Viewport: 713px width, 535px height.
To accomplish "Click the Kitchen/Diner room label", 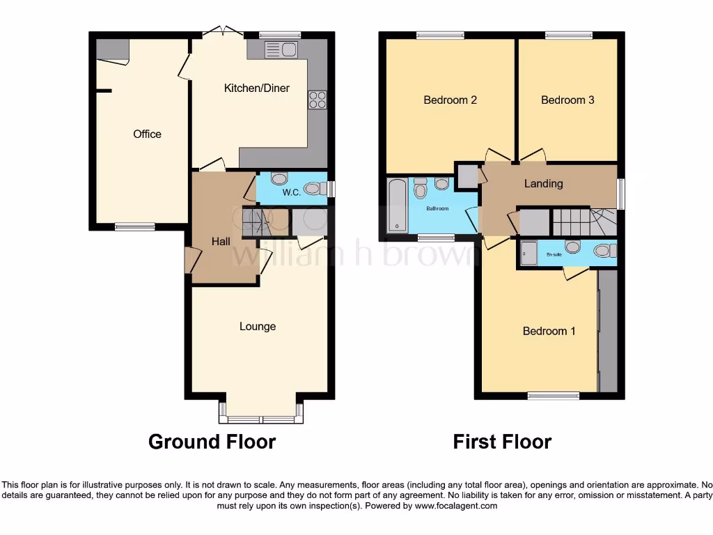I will [256, 88].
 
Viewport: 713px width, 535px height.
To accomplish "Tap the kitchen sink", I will [281, 49].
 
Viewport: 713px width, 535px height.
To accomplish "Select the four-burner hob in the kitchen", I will [317, 100].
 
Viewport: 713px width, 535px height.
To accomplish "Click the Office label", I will [147, 134].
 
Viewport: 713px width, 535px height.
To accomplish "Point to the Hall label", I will [221, 241].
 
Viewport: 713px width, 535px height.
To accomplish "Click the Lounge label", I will [258, 326].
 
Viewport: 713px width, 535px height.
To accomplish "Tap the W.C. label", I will [291, 193].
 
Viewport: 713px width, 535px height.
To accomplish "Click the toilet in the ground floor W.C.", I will [314, 187].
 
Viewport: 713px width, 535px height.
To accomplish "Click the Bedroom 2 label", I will [450, 100].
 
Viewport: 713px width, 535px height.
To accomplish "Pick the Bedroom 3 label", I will [567, 100].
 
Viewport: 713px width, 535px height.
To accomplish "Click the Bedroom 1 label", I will [549, 331].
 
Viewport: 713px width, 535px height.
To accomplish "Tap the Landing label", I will [543, 184].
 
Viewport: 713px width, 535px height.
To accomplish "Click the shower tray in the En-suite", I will [528, 254].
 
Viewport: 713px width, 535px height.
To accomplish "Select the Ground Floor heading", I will [212, 442].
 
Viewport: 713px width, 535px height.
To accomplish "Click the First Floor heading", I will [502, 442].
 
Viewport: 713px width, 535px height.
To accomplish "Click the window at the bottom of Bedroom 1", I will [553, 396].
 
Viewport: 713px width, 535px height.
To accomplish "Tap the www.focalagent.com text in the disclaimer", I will [456, 506].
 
